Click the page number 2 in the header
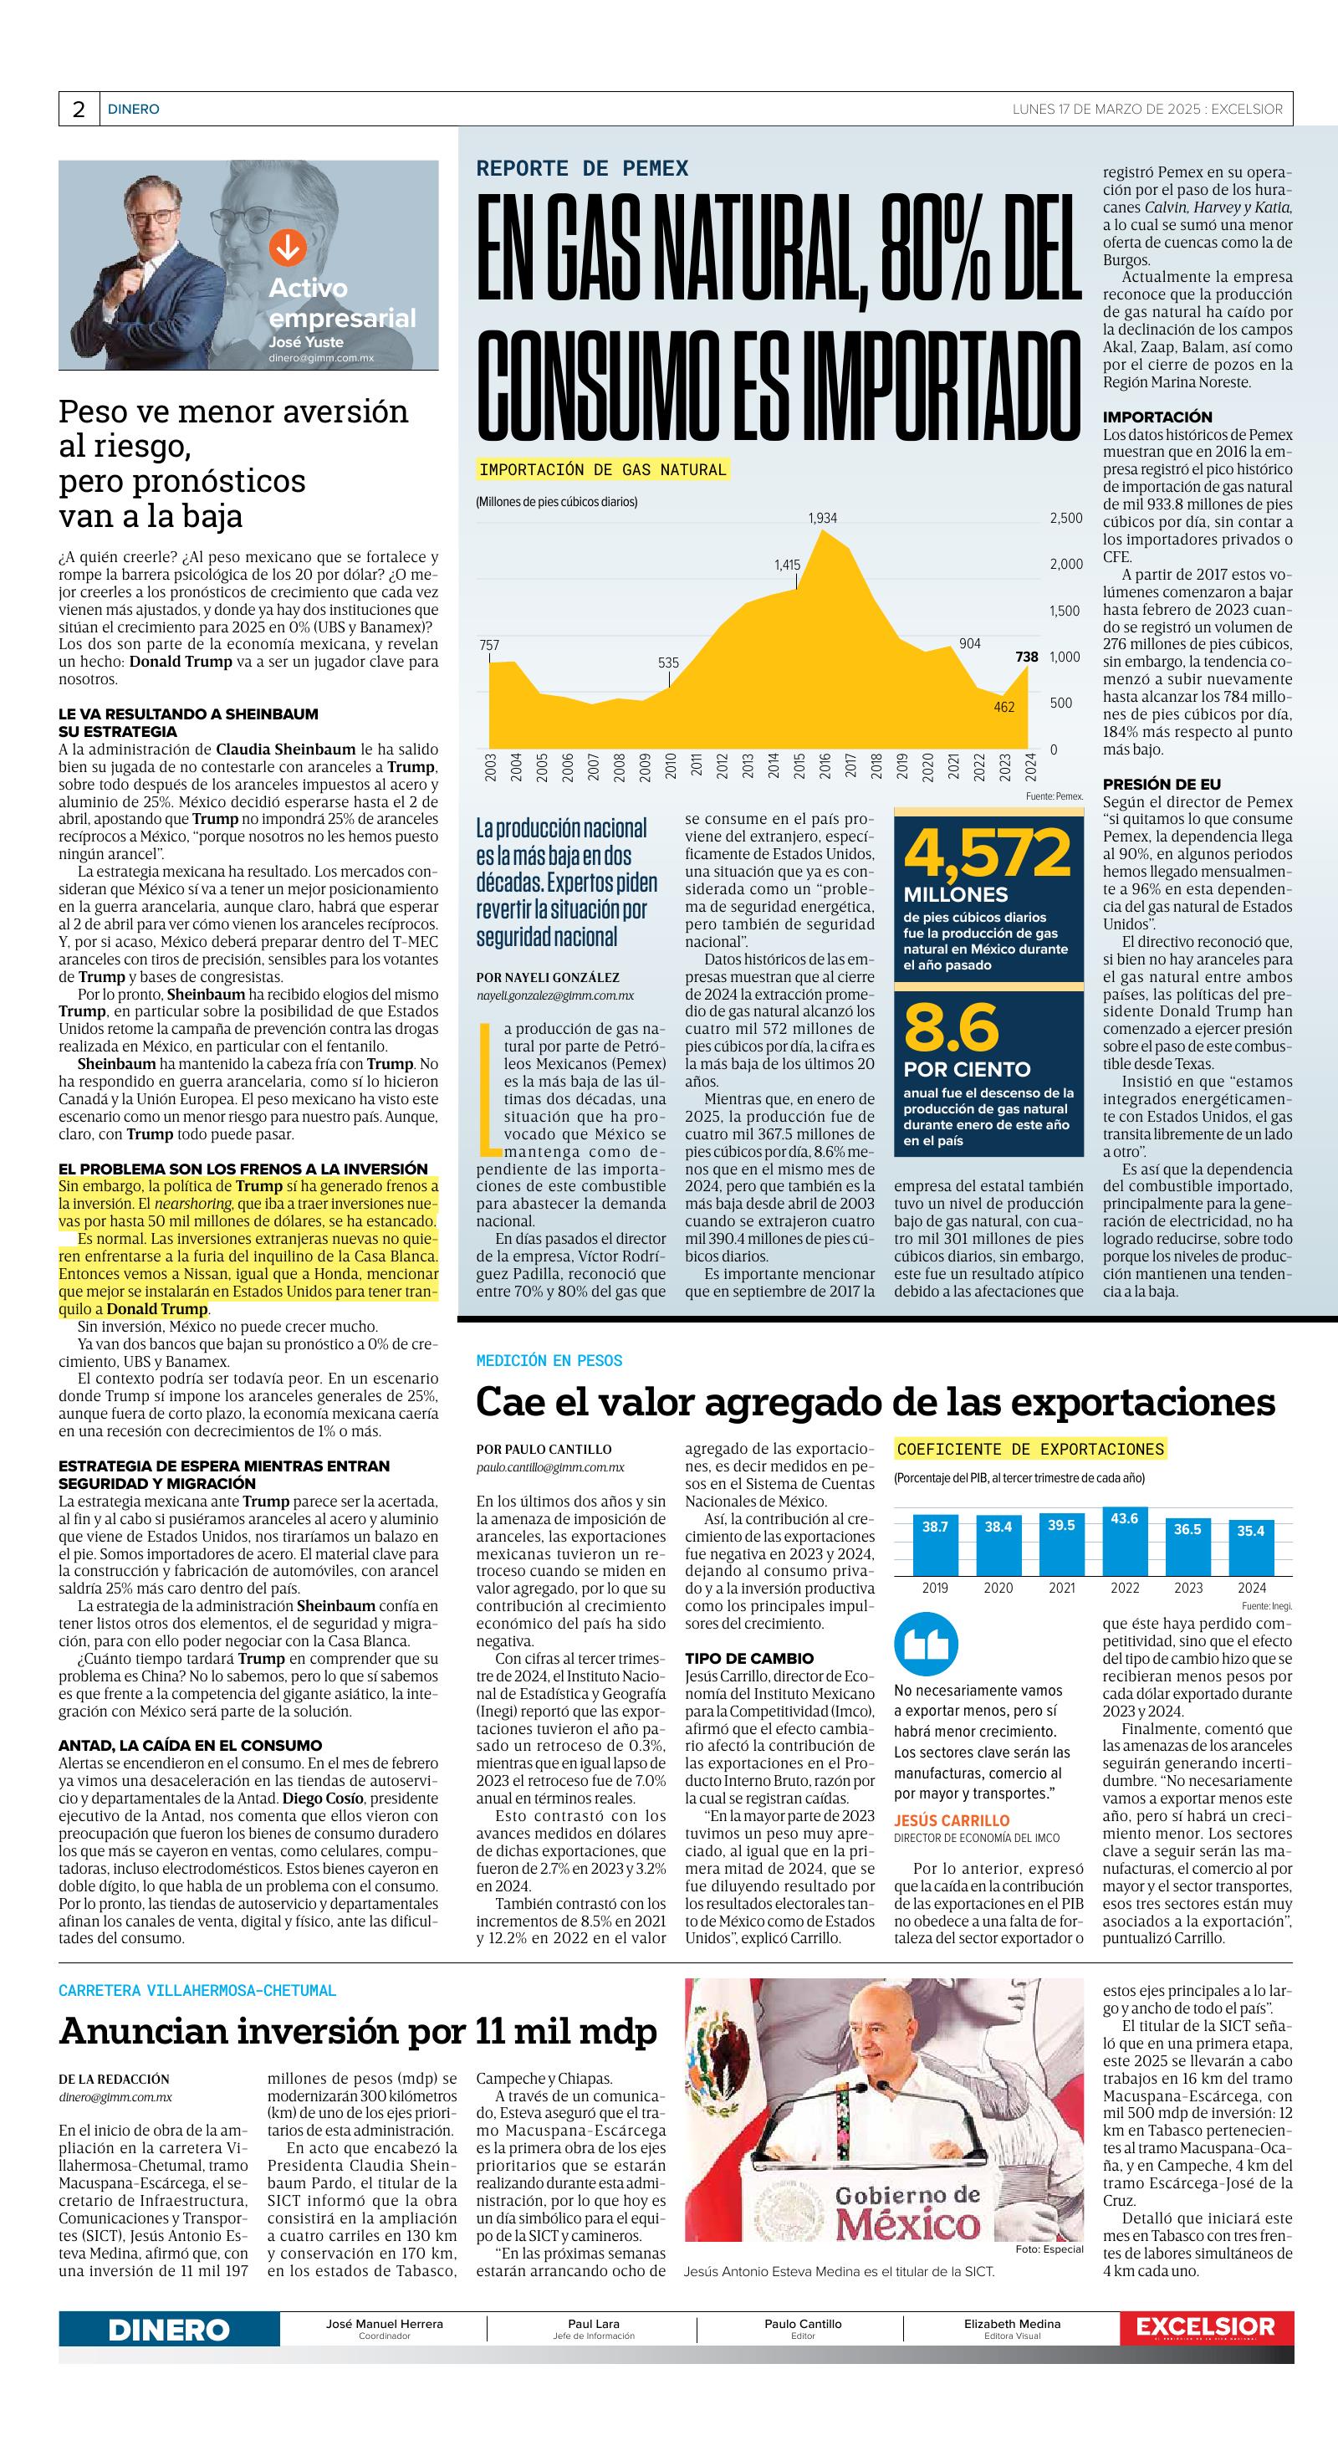(79, 109)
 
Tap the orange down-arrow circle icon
(287, 248)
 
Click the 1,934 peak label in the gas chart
(822, 518)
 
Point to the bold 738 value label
(1027, 657)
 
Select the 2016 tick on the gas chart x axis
(825, 766)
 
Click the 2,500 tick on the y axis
(1066, 518)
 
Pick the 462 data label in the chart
(1004, 707)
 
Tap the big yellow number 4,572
(988, 853)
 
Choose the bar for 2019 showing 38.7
(935, 1545)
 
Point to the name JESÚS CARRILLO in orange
(951, 1821)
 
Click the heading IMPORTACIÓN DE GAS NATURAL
(603, 469)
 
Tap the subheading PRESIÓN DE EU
(1162, 785)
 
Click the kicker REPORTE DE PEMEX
(583, 168)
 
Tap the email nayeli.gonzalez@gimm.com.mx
(555, 995)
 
